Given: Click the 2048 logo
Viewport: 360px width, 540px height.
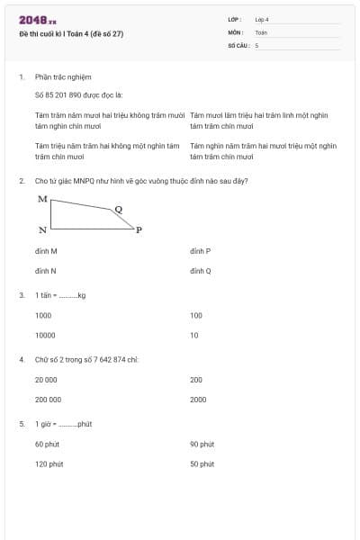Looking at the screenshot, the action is tap(37, 20).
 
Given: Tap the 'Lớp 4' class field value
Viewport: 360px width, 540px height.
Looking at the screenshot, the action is tap(262, 19).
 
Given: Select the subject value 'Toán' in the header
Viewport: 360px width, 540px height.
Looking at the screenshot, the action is tap(261, 31).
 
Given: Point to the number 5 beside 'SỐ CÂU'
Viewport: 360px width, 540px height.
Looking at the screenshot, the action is tap(256, 44).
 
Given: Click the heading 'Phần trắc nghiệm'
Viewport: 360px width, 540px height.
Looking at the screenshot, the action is tap(63, 77).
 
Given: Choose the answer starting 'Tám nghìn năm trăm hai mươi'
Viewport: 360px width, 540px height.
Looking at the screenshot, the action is tap(263, 150).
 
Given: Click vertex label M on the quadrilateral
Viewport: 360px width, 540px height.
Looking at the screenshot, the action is tap(42, 198).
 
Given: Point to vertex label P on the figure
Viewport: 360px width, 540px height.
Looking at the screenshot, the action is tap(139, 229).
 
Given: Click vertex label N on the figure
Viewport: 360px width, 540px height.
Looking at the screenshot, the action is tap(42, 230).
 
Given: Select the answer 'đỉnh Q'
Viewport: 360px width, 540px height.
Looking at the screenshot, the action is tap(201, 270).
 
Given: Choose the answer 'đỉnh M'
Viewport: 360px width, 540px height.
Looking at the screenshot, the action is tap(46, 251).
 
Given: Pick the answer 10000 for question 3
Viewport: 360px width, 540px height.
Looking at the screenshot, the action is tap(45, 335).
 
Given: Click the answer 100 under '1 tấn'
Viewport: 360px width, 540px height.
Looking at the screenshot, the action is tap(196, 316).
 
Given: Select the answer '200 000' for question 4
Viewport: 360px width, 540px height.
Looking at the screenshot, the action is tap(49, 399).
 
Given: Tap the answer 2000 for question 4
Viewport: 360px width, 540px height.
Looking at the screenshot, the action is tap(198, 399).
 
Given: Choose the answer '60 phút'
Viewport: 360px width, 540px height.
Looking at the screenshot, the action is tap(48, 444).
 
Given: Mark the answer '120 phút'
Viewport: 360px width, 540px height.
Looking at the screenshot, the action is tap(49, 463).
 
